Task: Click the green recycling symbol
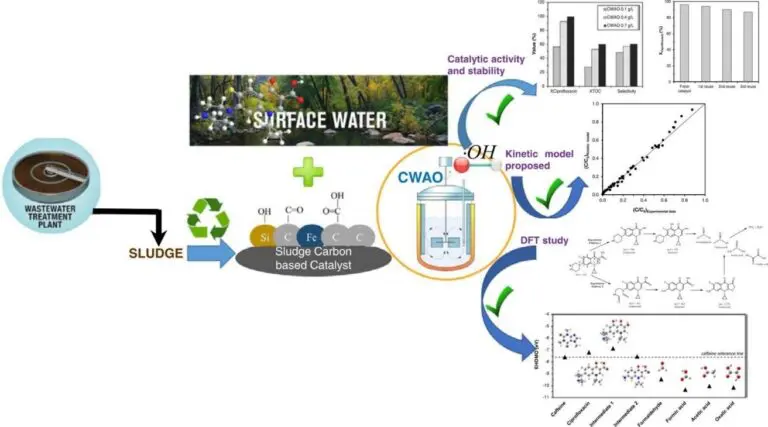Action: point(209,218)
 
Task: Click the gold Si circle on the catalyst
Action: point(264,240)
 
